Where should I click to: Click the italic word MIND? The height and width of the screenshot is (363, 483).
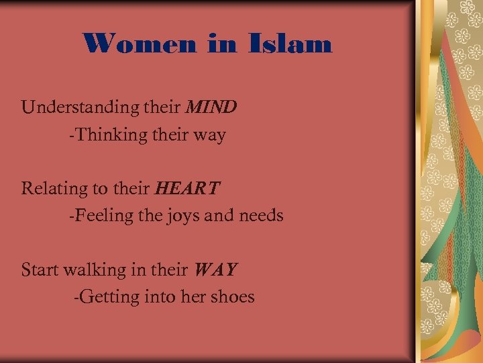(x=211, y=107)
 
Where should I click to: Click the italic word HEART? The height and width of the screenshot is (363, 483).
(x=186, y=188)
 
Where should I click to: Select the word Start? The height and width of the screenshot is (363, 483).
(x=40, y=270)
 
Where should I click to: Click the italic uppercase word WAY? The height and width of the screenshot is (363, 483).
(x=215, y=270)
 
